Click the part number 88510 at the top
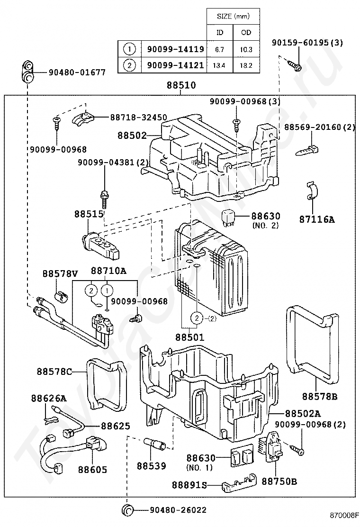pyautogui.click(x=180, y=86)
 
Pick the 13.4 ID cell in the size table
pyautogui.click(x=220, y=65)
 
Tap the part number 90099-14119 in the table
pyautogui.click(x=175, y=49)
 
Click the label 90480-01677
pyautogui.click(x=77, y=72)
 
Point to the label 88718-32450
pyautogui.click(x=138, y=117)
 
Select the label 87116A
pyautogui.click(x=317, y=219)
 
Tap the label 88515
pyautogui.click(x=89, y=214)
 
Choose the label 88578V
pyautogui.click(x=60, y=273)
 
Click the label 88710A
pyautogui.click(x=108, y=271)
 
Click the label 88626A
pyautogui.click(x=49, y=398)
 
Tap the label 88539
pyautogui.click(x=152, y=466)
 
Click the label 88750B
pyautogui.click(x=279, y=482)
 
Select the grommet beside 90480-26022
pyautogui.click(x=128, y=510)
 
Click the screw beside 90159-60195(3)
pyautogui.click(x=295, y=66)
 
